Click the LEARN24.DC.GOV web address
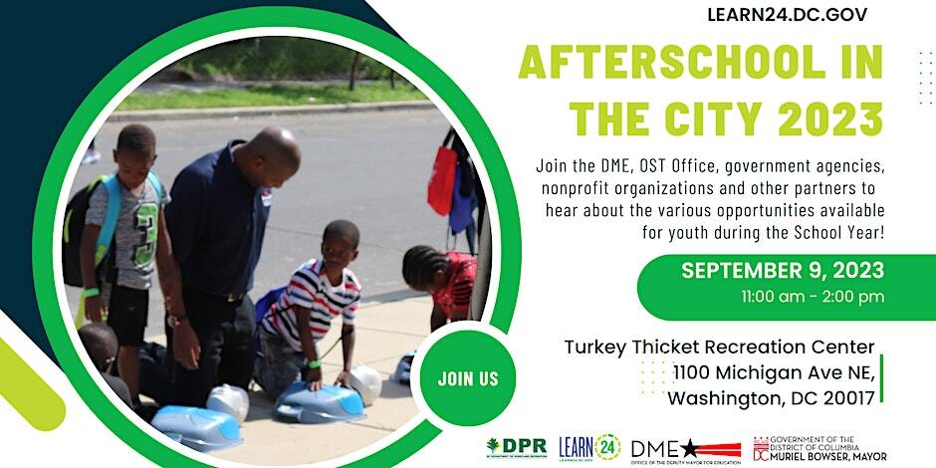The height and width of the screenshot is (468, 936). tap(787, 14)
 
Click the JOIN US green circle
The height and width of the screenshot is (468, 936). tap(468, 378)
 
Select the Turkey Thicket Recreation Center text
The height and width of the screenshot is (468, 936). tap(719, 347)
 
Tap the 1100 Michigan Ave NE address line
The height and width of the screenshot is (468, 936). tap(773, 372)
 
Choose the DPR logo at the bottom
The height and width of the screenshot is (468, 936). tap(516, 447)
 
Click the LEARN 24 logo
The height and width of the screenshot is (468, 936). tap(589, 447)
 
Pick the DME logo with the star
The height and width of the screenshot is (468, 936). tap(686, 449)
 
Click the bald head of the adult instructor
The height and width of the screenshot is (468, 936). tap(272, 150)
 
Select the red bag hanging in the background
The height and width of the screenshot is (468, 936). tap(443, 180)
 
